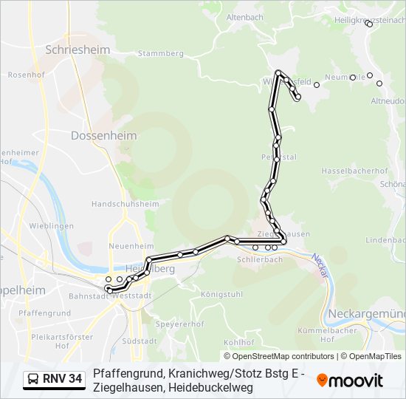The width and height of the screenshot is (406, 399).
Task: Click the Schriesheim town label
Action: (78, 50)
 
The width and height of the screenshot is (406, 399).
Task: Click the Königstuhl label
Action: (221, 293)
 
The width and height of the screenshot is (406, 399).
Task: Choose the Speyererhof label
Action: (180, 324)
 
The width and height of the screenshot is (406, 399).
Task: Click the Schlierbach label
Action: (260, 259)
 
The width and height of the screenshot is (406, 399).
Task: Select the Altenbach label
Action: (244, 17)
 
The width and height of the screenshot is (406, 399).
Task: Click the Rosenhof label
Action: (23, 75)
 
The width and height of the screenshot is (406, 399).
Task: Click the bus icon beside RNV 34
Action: (34, 380)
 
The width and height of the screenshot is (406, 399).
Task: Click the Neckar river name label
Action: (320, 264)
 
